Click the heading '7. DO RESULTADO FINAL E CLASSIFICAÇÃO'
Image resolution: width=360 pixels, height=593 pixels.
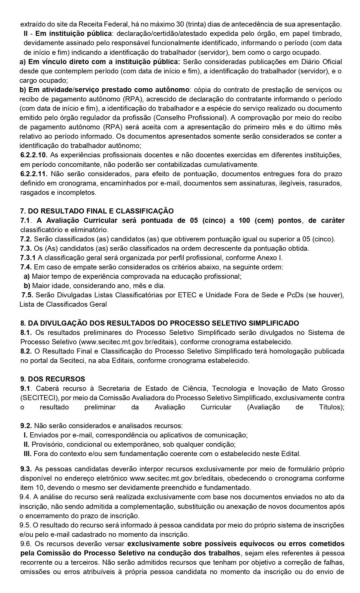[x=97, y=211]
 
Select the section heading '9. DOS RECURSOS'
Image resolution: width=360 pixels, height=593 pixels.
[x=53, y=379]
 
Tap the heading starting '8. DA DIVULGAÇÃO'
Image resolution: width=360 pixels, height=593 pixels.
[x=160, y=323]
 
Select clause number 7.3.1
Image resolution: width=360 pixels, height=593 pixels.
[x=28, y=258]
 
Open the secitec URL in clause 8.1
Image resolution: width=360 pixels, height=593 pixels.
[x=129, y=342]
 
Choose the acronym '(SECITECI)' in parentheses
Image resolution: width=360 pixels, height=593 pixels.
[x=35, y=398]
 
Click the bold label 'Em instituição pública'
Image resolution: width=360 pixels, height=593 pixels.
[x=73, y=34]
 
